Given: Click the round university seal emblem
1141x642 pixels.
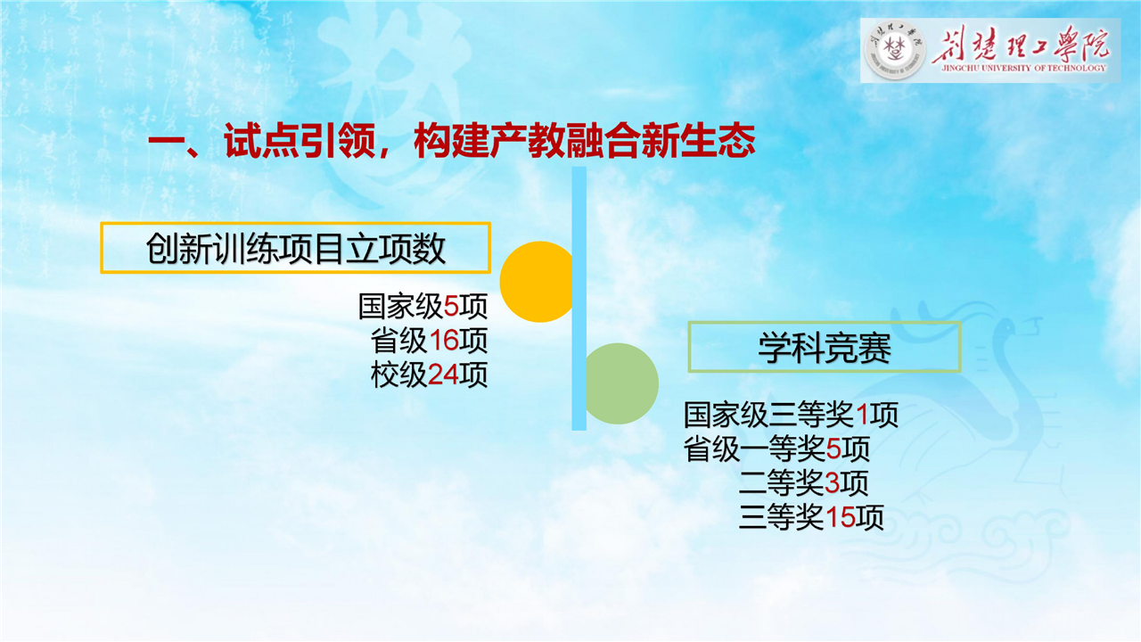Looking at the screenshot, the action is (896, 51).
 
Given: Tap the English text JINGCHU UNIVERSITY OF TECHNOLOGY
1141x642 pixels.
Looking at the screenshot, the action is (1024, 68).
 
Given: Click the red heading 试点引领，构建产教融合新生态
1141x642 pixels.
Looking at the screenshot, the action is (451, 141).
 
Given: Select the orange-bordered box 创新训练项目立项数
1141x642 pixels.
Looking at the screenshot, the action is (295, 248).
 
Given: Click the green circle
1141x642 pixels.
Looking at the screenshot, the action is (621, 383).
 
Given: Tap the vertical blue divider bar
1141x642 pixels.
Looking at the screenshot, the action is (579, 299).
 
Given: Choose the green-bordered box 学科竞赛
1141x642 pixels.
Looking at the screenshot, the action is (825, 347).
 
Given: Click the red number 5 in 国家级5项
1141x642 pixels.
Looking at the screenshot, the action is (451, 307).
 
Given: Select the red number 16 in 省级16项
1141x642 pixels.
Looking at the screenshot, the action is (444, 341).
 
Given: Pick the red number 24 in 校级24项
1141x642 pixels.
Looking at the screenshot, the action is (443, 375).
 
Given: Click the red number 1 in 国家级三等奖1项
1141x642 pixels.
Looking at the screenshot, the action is (862, 415).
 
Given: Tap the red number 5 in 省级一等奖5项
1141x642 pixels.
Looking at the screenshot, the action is (833, 449).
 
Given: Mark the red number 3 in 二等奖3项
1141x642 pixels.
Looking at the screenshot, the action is (832, 483).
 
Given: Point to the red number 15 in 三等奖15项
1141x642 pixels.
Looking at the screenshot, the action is (840, 517).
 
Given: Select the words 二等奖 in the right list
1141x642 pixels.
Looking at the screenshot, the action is (782, 483).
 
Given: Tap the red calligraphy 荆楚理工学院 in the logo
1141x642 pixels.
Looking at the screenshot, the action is (1021, 45).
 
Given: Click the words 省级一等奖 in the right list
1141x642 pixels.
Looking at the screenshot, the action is (754, 449).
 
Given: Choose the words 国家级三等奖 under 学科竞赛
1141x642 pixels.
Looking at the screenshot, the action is (769, 415).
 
